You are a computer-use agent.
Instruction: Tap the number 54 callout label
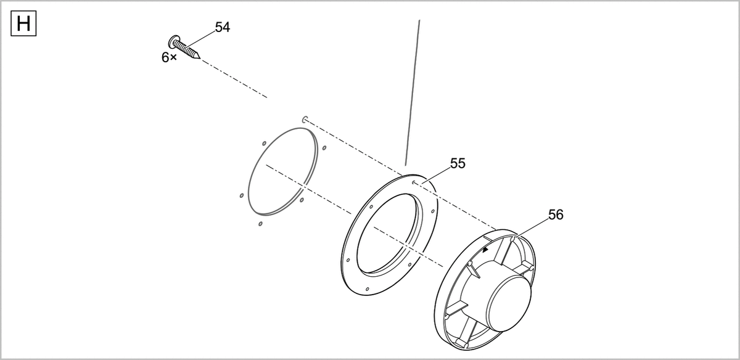pyautogui.click(x=222, y=27)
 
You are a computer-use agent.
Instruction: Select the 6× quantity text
pyautogui.click(x=169, y=57)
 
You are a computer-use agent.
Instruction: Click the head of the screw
pyautogui.click(x=174, y=41)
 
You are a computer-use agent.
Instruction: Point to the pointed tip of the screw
pyautogui.click(x=199, y=59)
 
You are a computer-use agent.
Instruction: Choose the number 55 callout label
pyautogui.click(x=458, y=163)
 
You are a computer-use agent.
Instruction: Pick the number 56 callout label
pyautogui.click(x=556, y=215)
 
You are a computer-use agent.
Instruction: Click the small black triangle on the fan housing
pyautogui.click(x=485, y=250)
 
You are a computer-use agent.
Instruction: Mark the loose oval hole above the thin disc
pyautogui.click(x=305, y=117)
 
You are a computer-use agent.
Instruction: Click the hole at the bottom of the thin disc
pyautogui.click(x=261, y=223)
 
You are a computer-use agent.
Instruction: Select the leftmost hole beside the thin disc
pyautogui.click(x=241, y=195)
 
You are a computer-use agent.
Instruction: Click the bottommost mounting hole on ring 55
pyautogui.click(x=368, y=289)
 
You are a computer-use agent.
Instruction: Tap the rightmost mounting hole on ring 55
pyautogui.click(x=435, y=211)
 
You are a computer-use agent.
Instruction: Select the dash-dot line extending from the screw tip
pyautogui.click(x=234, y=79)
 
